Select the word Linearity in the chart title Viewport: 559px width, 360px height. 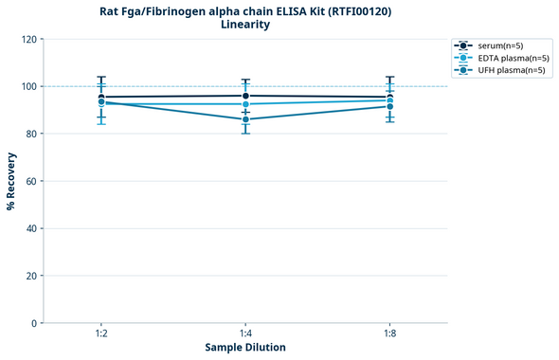coord(244,26)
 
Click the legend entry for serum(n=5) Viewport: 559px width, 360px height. coord(497,45)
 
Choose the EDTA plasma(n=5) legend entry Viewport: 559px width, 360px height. coord(497,58)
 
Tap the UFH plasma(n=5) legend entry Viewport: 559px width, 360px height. coord(497,70)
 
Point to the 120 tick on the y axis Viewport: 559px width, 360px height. coord(29,40)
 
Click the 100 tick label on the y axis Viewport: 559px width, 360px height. coord(29,87)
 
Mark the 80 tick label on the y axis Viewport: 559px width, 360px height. coord(32,135)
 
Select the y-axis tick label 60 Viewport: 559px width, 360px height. coord(32,182)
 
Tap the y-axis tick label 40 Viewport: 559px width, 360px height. coord(32,229)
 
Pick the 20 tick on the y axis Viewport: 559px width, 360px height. coord(32,277)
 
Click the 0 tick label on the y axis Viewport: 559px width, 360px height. coord(35,324)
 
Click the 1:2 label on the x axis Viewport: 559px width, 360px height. coord(101,333)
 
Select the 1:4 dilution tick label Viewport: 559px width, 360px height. coord(245,333)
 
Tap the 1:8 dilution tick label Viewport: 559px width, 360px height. coord(390,333)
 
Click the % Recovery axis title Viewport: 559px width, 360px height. coord(11,181)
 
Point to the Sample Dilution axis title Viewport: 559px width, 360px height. coord(245,348)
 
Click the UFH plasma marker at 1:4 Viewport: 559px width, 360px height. coord(245,119)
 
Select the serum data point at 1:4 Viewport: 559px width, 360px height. coord(245,96)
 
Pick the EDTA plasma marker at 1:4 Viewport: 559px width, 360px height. coord(245,104)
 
